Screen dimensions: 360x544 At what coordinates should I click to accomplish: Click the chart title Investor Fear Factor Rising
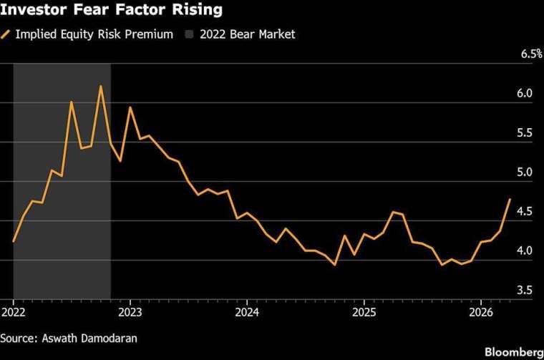(111, 11)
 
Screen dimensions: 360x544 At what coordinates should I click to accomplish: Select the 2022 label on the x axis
(14, 313)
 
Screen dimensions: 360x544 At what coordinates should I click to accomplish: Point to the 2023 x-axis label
(130, 313)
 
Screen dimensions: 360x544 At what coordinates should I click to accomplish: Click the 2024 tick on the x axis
(247, 313)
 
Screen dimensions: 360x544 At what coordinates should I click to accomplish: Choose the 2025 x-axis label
(364, 313)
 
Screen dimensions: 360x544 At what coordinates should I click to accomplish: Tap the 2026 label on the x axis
(480, 313)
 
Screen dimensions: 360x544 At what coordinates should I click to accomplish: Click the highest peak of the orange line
(101, 86)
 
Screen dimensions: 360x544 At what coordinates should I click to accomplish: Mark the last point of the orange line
(510, 199)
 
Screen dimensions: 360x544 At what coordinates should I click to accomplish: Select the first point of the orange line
(14, 242)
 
